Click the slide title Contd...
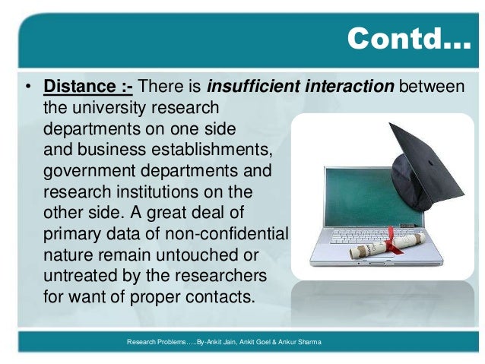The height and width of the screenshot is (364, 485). [x=408, y=39]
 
